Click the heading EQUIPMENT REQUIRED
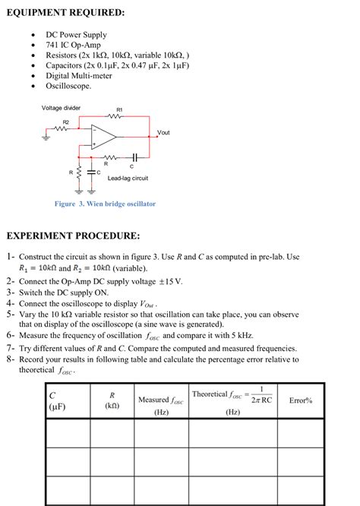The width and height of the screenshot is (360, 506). click(65, 13)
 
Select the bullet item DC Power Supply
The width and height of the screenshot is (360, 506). click(76, 35)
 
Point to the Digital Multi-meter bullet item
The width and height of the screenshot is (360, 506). click(78, 76)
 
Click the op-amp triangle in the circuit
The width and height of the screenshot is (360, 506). click(104, 137)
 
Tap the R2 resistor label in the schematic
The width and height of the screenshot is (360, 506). click(66, 122)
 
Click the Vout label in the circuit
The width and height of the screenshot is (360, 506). click(163, 133)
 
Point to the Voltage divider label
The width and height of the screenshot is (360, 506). click(61, 108)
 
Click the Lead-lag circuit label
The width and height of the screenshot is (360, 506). click(128, 178)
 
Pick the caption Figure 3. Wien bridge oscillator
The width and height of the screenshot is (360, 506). click(105, 204)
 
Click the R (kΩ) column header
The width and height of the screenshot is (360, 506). click(112, 400)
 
